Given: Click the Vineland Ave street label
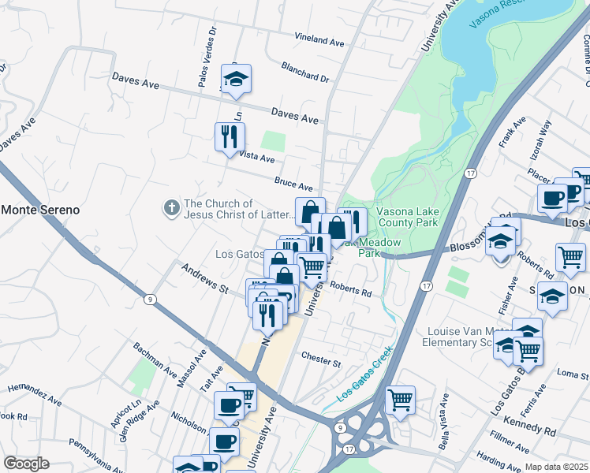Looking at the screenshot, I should point(320,38).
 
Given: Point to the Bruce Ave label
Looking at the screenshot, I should point(293,184).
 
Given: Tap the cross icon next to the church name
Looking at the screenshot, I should point(170,208).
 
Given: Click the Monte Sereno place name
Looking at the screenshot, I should point(41,210).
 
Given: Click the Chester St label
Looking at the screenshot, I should point(320,359).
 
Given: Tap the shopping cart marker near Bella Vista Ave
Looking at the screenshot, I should point(400,399).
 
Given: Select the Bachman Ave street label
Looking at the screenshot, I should point(155,357).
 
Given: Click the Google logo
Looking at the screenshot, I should point(26,464).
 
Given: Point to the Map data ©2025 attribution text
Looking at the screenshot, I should point(556,467).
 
